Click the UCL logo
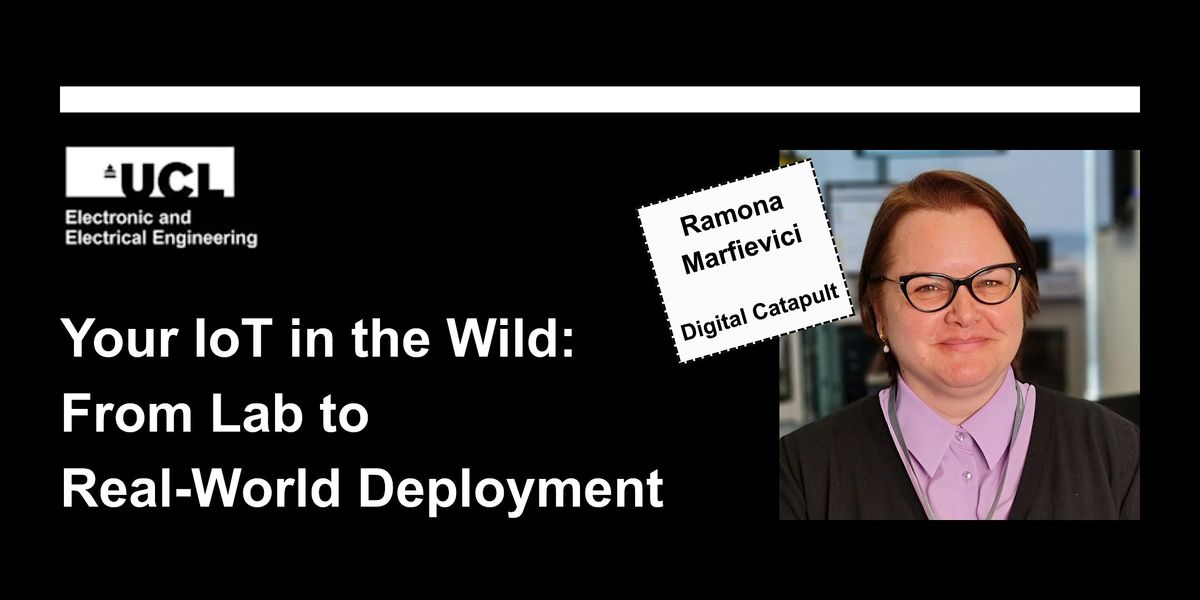150,172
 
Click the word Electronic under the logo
100,217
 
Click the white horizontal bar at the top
600,99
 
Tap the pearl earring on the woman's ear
884,347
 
